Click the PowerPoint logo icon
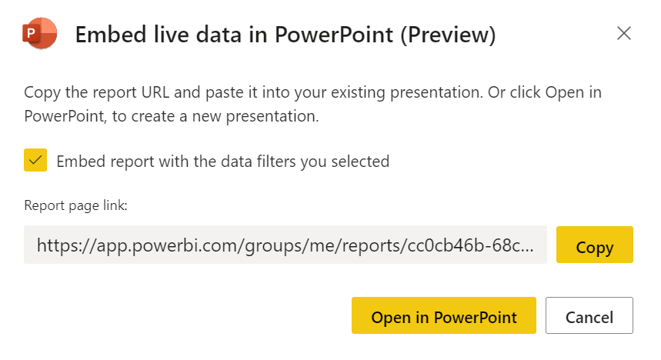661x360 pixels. [x=39, y=33]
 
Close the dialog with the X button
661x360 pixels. [x=624, y=33]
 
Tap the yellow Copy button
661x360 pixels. [x=594, y=245]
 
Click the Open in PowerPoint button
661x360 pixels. [x=444, y=315]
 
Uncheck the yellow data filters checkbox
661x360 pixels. [x=35, y=160]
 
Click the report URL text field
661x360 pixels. [x=285, y=245]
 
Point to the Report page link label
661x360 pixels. [x=76, y=205]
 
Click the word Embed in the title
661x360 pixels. [x=111, y=35]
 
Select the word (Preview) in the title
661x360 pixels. [x=448, y=35]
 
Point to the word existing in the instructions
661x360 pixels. [x=358, y=93]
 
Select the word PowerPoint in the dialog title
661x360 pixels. [x=334, y=35]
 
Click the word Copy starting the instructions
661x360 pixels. [x=42, y=93]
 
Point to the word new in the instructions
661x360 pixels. [x=206, y=117]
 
